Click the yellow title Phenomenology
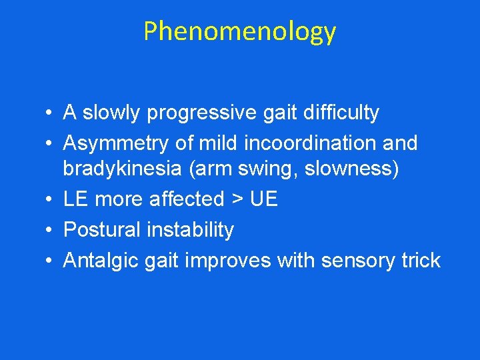click(239, 31)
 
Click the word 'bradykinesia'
click(122, 169)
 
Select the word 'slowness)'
click(352, 169)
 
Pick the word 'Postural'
click(101, 230)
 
